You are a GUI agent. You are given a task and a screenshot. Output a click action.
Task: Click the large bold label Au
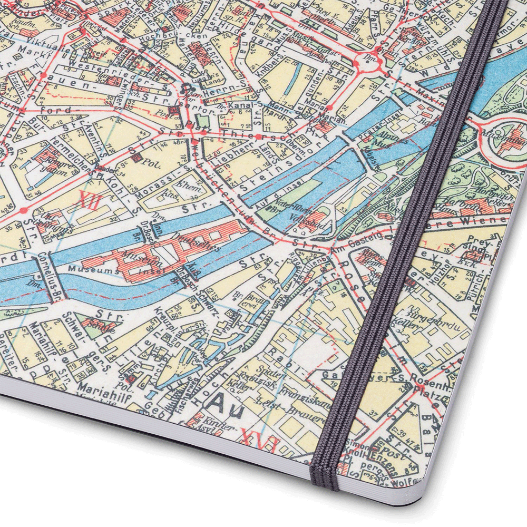222,403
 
